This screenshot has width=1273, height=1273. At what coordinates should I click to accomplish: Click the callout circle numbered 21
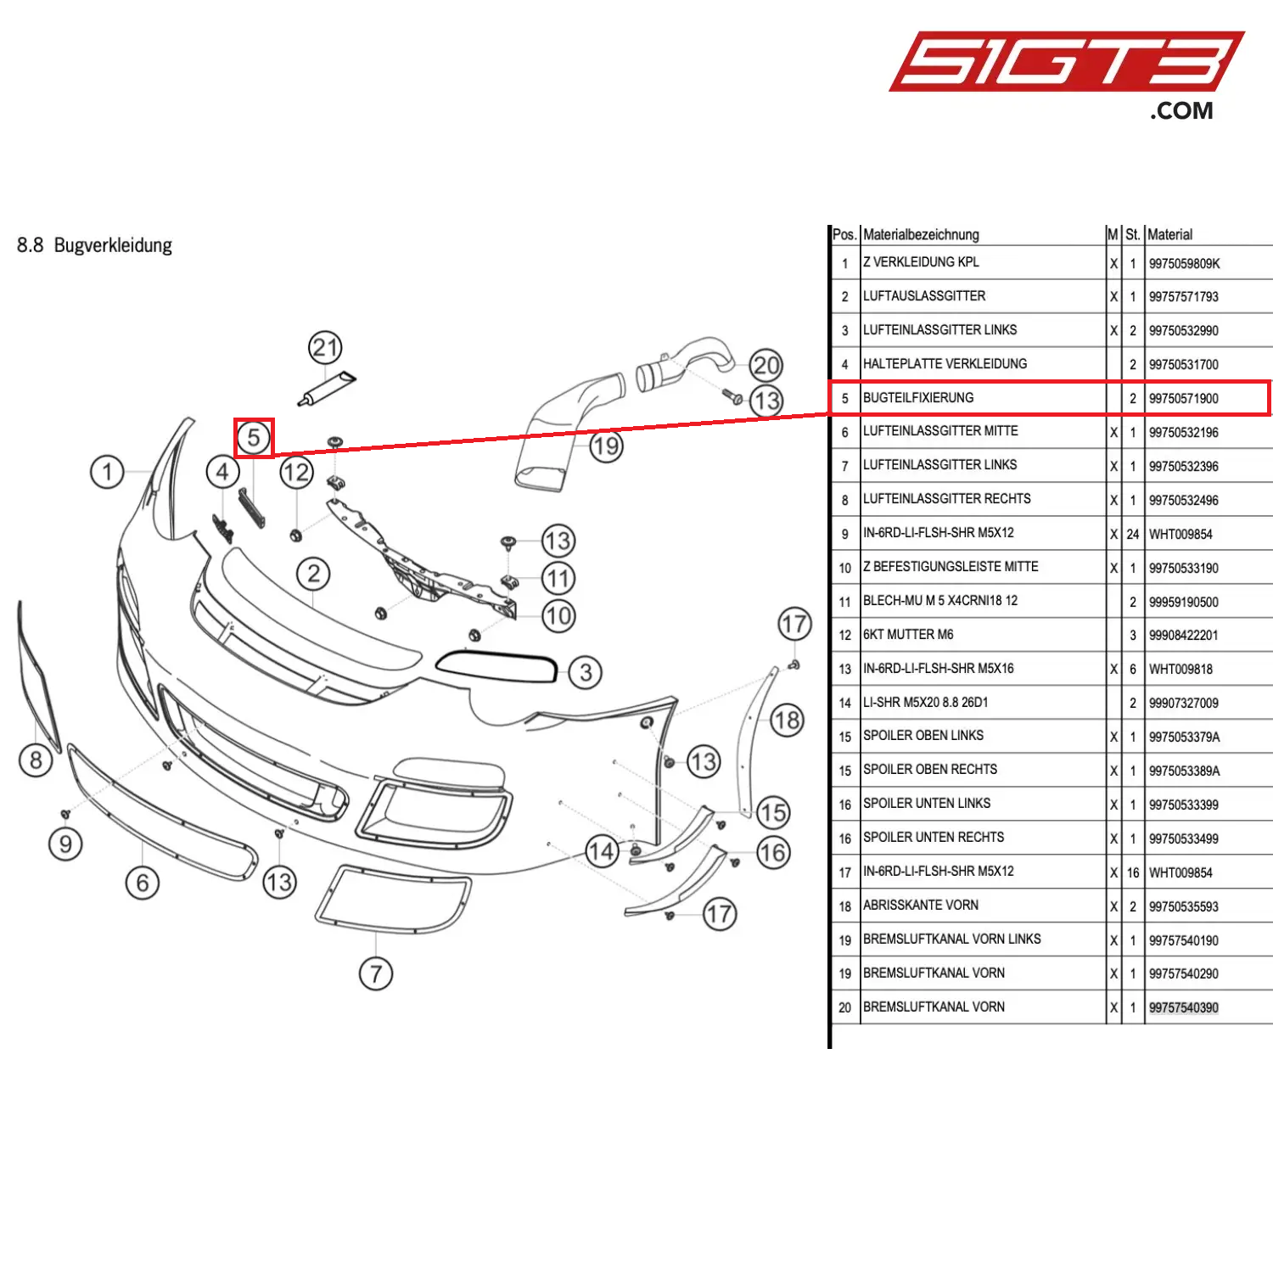(325, 347)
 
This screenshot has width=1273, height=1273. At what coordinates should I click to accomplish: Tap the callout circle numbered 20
(765, 366)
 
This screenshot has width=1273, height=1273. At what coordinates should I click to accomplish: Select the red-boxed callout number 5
(254, 438)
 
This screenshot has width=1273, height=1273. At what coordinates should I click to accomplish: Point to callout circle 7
(376, 973)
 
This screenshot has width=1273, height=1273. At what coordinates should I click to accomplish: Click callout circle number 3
(586, 672)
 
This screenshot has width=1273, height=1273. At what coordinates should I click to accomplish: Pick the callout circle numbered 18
(787, 721)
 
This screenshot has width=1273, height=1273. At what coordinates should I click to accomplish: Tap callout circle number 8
(36, 760)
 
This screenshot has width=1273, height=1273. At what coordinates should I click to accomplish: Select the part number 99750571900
(1183, 399)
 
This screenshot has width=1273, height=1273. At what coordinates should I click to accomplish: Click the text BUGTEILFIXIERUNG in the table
(918, 398)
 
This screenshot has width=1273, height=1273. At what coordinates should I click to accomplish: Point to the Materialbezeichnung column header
(921, 234)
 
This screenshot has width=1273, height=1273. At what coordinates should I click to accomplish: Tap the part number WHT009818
(1180, 670)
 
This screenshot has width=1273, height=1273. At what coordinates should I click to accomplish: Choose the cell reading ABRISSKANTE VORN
(921, 906)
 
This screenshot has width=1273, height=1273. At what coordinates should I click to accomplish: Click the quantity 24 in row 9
(1132, 535)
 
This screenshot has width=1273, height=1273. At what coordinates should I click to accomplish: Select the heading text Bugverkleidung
(113, 246)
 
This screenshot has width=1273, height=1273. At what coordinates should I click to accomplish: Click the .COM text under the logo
(1181, 111)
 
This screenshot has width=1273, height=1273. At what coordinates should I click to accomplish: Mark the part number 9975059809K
(1184, 264)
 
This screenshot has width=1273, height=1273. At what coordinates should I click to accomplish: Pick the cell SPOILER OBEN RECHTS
(930, 770)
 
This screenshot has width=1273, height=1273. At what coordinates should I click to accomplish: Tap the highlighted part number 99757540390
(1183, 1008)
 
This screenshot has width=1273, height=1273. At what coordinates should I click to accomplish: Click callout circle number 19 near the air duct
(606, 446)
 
